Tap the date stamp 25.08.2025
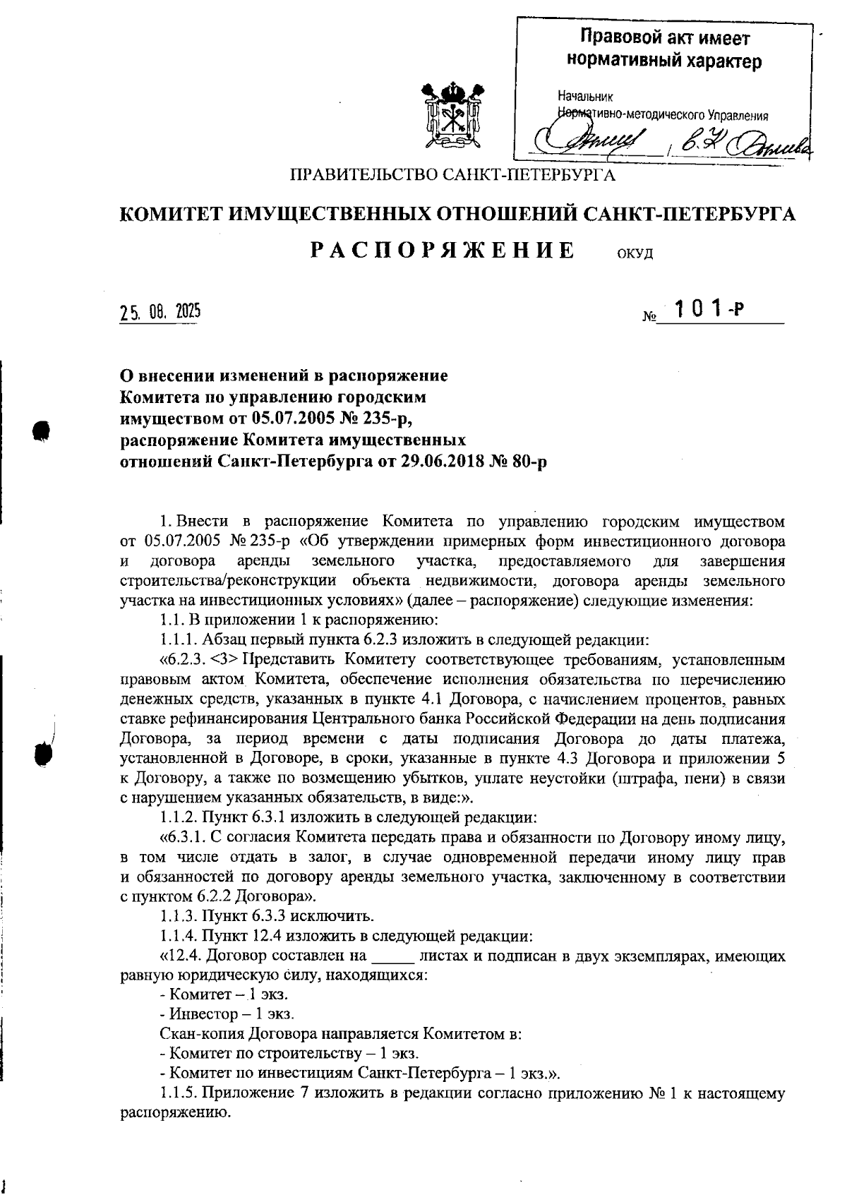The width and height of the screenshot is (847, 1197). (x=160, y=311)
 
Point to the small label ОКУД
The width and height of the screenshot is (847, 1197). (x=635, y=254)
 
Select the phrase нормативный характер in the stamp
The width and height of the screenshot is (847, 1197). (x=665, y=61)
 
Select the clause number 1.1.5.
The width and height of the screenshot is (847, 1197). (x=180, y=1093)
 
